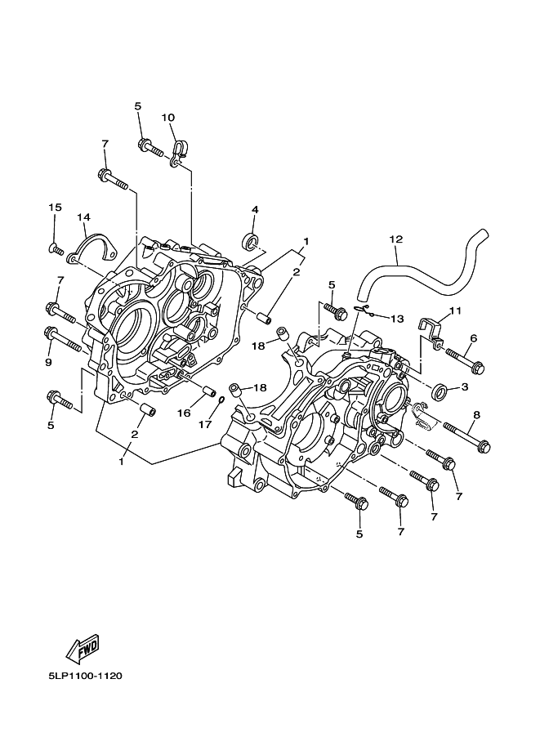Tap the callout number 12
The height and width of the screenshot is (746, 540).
(x=396, y=239)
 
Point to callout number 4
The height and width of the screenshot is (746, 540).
(x=254, y=210)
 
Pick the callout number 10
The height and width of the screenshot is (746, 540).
(x=168, y=118)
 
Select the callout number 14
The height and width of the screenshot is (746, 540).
(x=83, y=217)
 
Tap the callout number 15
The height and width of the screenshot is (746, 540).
(x=55, y=208)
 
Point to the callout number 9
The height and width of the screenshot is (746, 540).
(x=48, y=362)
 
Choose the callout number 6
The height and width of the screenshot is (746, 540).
(x=473, y=338)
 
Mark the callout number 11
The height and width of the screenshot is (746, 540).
(x=455, y=311)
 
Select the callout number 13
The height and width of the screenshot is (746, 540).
(x=397, y=318)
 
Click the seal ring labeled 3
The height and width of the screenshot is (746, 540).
(x=440, y=391)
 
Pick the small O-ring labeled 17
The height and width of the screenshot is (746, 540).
(x=221, y=400)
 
